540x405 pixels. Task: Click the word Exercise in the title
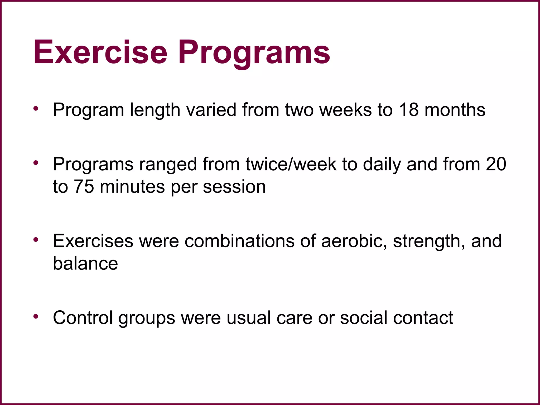(100, 52)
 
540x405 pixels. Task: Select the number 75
(84, 187)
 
